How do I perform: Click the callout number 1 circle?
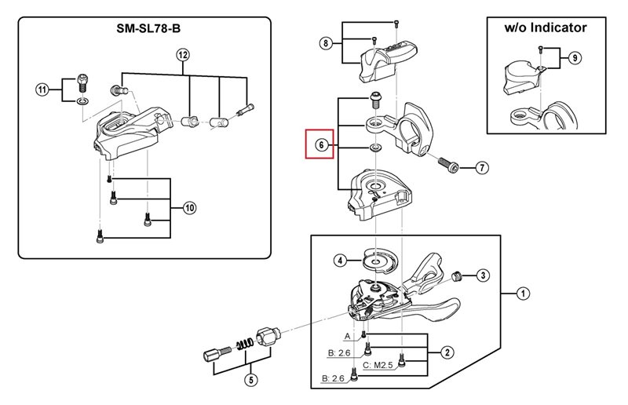(x=523, y=294)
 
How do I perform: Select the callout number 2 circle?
(x=446, y=352)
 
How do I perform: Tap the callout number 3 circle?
(x=484, y=275)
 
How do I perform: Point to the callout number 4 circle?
(x=340, y=261)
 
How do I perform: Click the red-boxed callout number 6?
(x=320, y=145)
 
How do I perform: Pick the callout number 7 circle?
(x=482, y=167)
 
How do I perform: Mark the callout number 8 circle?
(x=326, y=43)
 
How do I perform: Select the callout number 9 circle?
(x=575, y=58)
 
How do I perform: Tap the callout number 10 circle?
(x=189, y=208)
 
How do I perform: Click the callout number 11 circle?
(x=42, y=89)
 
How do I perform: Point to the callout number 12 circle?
(x=183, y=55)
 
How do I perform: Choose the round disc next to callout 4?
(x=376, y=260)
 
